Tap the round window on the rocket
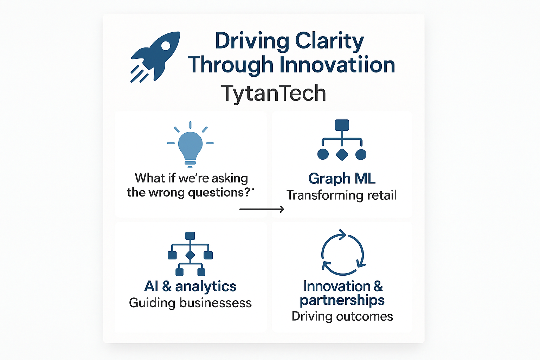[x=166, y=46]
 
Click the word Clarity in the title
[x=329, y=41]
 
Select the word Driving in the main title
[x=252, y=41]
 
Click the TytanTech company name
[x=274, y=93]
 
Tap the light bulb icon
[x=191, y=144]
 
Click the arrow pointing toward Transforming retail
[x=262, y=209]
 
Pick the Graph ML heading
[x=342, y=179]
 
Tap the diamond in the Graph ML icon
[x=342, y=155]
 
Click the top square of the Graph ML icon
[x=342, y=125]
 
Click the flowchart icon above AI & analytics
[x=190, y=254]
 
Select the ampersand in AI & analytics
[x=167, y=286]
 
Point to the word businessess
[x=216, y=303]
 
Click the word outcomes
[x=365, y=317]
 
